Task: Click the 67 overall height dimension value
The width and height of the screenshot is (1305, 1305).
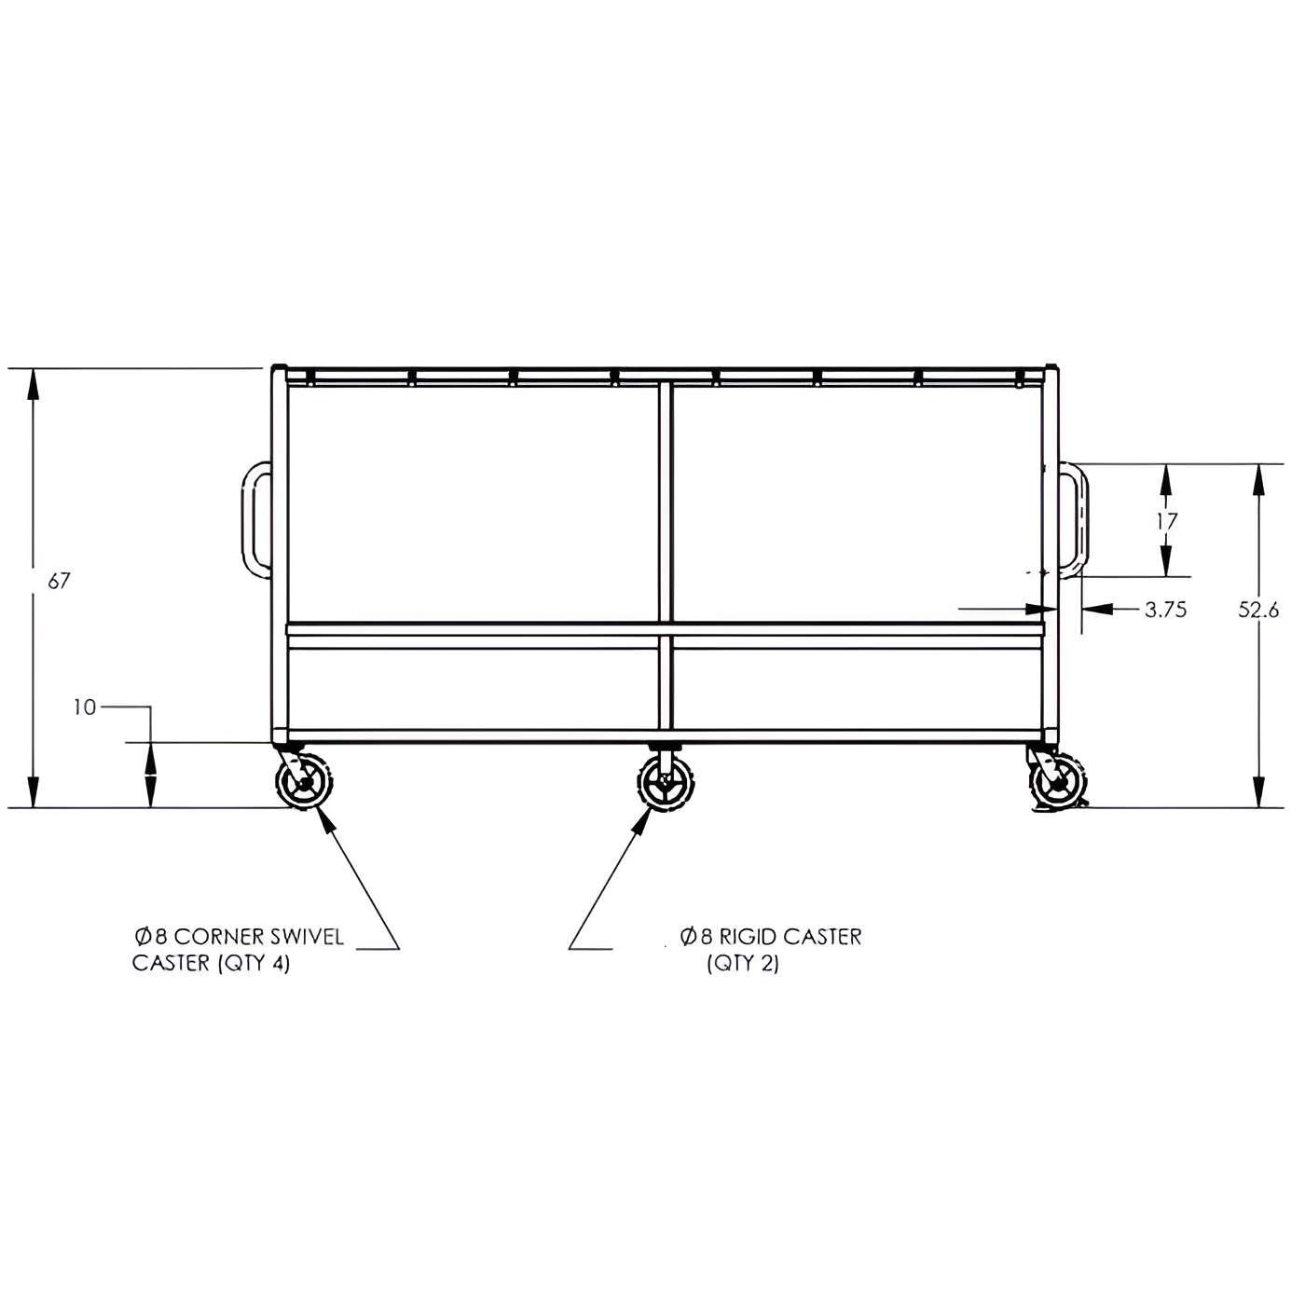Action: coord(59,581)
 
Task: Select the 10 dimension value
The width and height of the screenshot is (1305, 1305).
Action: coord(86,707)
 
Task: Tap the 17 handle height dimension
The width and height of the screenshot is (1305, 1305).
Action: coord(1166,521)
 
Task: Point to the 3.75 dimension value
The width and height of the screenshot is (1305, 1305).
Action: coord(1165,610)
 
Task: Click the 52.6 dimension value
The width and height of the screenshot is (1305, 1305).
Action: coord(1258,611)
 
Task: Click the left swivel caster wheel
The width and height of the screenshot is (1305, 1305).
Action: coord(304,781)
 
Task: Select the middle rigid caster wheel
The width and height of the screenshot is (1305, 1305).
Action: coord(666,782)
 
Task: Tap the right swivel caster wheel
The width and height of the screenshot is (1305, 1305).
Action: coord(1058,782)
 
